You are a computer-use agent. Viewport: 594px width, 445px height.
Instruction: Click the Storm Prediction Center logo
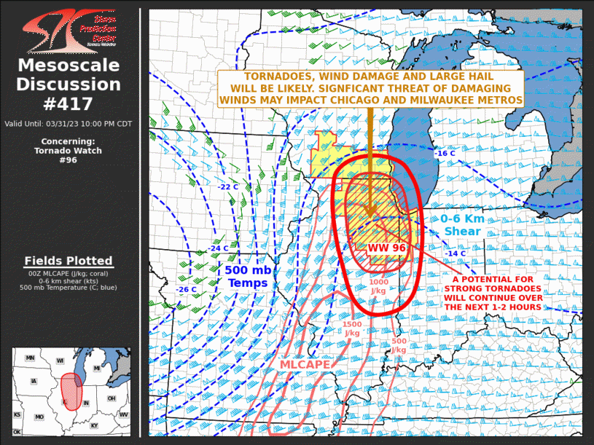[69, 31]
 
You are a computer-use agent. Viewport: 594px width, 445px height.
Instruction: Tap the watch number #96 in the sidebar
[69, 160]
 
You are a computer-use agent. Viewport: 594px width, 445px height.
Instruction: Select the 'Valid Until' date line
[69, 124]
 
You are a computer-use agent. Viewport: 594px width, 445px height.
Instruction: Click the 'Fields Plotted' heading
[69, 261]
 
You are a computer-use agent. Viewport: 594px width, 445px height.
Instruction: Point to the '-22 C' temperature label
[228, 187]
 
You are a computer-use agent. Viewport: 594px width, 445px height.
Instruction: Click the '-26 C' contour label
[186, 290]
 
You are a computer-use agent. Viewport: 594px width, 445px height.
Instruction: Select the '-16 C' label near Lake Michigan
[445, 154]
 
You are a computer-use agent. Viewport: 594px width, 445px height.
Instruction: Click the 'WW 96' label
[387, 248]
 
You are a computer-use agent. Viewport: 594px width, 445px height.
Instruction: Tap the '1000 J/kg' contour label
[378, 286]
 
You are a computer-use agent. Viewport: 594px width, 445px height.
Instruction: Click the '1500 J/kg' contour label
[351, 328]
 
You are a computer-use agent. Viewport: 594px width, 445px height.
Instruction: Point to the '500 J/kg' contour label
[399, 345]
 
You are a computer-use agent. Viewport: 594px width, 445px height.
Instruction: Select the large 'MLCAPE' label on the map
[304, 364]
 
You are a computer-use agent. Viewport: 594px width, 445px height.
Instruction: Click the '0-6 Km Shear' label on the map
[462, 225]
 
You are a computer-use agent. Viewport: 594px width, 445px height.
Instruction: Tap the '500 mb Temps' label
[248, 277]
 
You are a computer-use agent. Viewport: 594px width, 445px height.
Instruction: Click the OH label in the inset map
[112, 398]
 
